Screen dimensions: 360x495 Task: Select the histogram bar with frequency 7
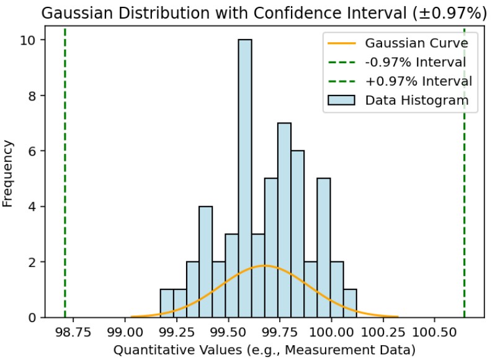click(x=284, y=220)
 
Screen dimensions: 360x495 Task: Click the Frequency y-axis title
click(x=9, y=173)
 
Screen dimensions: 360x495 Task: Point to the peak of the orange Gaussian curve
click(x=265, y=266)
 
